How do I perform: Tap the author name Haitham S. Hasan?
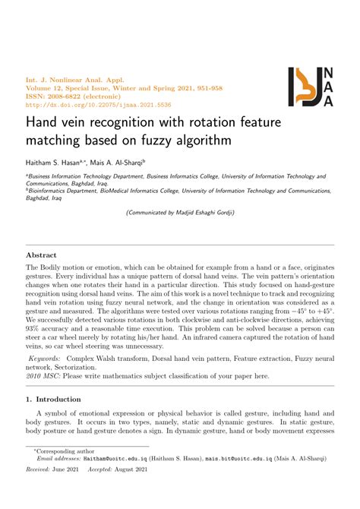point(52,162)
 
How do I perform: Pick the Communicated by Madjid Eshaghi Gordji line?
point(179,213)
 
